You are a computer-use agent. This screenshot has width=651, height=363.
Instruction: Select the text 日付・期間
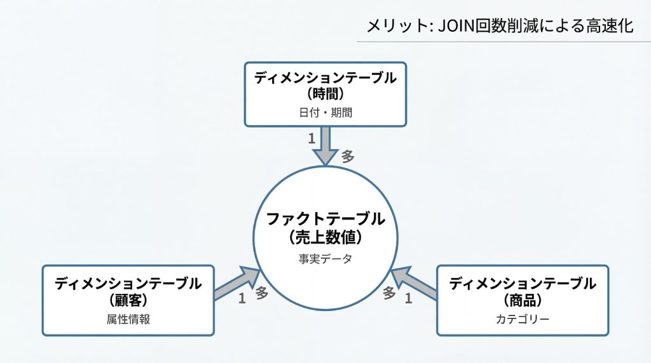click(325, 113)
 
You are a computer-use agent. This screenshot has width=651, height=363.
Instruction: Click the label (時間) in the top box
click(325, 95)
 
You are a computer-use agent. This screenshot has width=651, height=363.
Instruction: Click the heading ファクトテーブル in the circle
click(325, 220)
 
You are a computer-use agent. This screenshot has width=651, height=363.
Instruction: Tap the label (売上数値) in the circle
click(325, 238)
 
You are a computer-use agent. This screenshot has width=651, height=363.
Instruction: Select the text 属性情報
click(128, 319)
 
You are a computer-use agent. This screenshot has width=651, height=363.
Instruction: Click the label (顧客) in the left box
click(128, 300)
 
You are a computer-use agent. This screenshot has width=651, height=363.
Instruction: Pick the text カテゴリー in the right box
click(523, 319)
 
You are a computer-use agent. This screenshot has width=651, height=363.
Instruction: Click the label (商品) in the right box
click(523, 300)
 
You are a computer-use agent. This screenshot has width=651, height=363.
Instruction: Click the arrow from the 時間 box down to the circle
click(325, 145)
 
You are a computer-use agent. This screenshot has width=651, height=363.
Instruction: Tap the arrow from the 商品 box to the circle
click(414, 283)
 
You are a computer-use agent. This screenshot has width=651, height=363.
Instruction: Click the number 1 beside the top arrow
click(312, 138)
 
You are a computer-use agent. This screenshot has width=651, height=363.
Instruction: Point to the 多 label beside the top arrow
click(348, 156)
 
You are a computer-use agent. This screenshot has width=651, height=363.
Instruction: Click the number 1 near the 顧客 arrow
click(242, 298)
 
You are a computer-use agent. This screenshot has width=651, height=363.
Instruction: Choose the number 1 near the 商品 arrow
click(409, 298)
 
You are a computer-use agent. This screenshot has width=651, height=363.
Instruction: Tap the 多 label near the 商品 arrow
click(389, 293)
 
